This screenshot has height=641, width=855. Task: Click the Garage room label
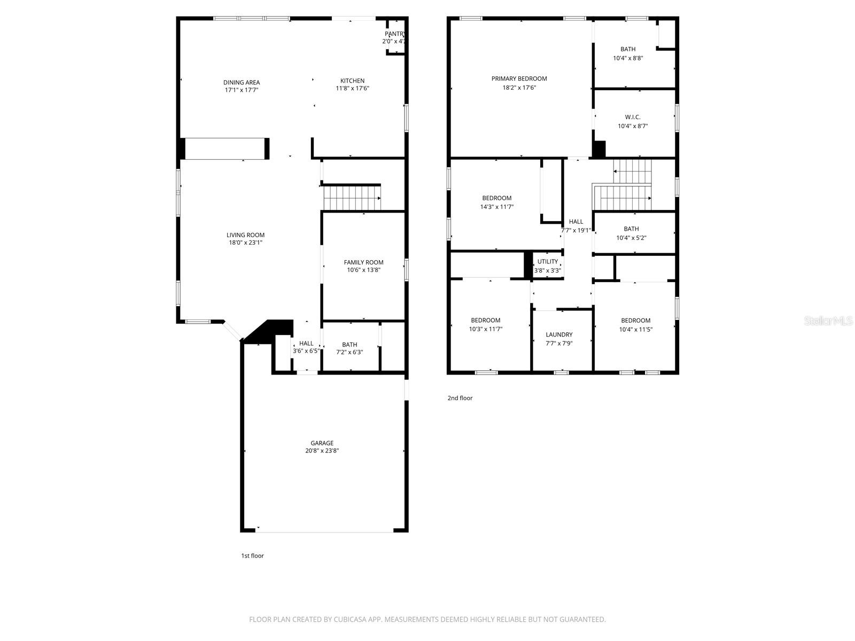point(322,443)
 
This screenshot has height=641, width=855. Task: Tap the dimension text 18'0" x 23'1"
point(245,243)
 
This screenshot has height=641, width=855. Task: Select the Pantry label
point(394,34)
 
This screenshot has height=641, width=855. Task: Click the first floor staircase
point(352,198)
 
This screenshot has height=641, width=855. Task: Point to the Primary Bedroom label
point(519,79)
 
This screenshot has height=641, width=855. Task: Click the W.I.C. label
point(632,117)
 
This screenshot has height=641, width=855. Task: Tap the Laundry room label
point(559,335)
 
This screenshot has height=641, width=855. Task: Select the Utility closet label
point(547,262)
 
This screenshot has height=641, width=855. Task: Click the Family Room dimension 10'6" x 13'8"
point(363,270)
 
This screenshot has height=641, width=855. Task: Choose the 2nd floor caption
point(460,398)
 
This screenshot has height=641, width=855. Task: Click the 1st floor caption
point(252,556)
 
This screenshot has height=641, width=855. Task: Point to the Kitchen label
point(352,81)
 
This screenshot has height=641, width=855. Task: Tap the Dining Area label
point(241,82)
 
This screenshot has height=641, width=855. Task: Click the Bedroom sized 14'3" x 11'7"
point(496,198)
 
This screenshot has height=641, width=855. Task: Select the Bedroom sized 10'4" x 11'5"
point(635,320)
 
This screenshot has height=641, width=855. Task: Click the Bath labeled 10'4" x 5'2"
point(631,229)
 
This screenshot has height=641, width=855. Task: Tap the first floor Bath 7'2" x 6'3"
point(349,345)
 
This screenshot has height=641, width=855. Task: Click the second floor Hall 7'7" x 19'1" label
point(576,222)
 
